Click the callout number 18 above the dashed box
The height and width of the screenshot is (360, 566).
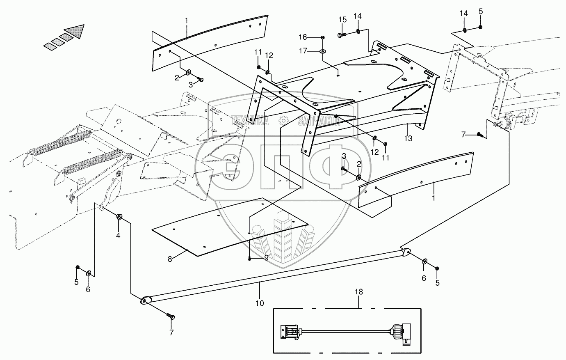pos(358,292)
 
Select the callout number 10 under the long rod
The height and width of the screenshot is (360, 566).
pos(260,303)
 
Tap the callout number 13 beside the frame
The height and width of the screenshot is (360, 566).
pos(408,138)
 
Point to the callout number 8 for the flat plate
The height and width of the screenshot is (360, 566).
pos(170,259)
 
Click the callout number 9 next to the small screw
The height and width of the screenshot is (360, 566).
pos(266,258)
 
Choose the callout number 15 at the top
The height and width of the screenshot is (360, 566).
pos(342,19)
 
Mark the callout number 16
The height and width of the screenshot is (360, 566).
pos(303,37)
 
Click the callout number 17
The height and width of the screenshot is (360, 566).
pos(303,51)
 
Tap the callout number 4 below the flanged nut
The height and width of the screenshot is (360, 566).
pos(118,236)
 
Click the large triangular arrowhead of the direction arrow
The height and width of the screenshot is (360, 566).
pos(75,31)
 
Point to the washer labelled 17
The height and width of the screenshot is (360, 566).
pos(322,52)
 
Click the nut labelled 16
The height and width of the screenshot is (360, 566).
pos(323,37)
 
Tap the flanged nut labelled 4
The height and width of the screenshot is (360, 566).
pos(119,217)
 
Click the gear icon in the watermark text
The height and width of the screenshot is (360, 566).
pos(283,120)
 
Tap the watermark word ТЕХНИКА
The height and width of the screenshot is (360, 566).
pos(250,121)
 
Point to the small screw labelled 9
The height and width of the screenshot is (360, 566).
pos(250,259)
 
